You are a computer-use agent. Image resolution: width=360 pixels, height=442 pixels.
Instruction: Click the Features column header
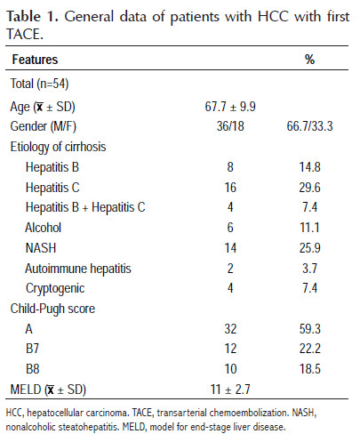(x=35, y=60)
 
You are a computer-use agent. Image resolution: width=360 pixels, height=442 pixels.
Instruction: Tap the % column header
(x=309, y=60)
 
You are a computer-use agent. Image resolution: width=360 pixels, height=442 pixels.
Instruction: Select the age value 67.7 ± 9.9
(x=230, y=107)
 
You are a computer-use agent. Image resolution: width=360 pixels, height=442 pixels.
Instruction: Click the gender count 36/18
(x=230, y=126)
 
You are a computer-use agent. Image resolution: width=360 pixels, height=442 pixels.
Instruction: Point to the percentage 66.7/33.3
(x=309, y=126)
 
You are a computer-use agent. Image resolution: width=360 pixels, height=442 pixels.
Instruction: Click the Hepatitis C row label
(x=52, y=188)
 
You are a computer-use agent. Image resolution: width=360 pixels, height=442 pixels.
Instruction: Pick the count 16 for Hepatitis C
(x=230, y=188)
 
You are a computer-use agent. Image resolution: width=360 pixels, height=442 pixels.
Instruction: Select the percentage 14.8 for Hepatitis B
(x=309, y=167)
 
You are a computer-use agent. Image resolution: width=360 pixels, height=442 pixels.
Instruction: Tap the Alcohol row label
(x=43, y=228)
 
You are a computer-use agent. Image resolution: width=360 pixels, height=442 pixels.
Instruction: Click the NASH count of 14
(x=230, y=248)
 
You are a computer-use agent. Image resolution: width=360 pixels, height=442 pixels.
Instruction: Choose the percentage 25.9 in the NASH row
(x=309, y=248)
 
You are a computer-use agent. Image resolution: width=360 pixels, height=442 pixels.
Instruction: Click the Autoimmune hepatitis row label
(x=78, y=269)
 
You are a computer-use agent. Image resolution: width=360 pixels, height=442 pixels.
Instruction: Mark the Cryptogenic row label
(x=55, y=289)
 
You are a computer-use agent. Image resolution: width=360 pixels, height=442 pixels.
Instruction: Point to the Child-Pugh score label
(x=52, y=309)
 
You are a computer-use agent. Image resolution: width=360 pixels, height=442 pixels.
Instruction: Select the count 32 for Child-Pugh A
(x=230, y=329)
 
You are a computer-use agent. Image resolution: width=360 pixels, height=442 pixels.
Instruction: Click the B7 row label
(x=32, y=349)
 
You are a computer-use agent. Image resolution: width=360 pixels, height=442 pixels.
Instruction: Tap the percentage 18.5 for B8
(x=309, y=369)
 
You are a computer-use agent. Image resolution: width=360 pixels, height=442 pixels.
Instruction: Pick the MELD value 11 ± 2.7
(x=230, y=390)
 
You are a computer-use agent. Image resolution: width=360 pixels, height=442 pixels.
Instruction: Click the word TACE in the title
(x=25, y=35)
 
